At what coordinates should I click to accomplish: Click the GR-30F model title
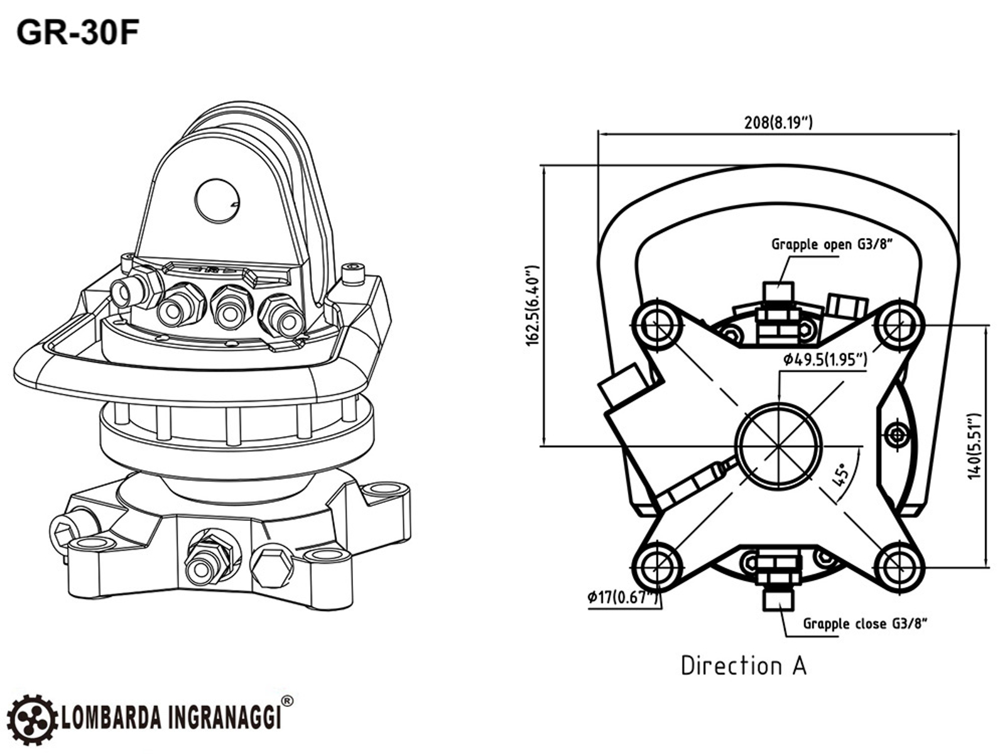coord(77,33)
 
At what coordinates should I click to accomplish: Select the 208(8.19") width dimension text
coord(778,123)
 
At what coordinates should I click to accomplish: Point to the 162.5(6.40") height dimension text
coord(533,305)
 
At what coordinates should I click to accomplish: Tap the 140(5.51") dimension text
coord(974,447)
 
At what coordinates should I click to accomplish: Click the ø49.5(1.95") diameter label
coord(825,359)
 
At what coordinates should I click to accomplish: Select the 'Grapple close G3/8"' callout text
coord(865,623)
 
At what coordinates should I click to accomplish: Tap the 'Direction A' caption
coord(744,665)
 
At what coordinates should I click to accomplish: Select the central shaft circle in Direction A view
coord(779,447)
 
